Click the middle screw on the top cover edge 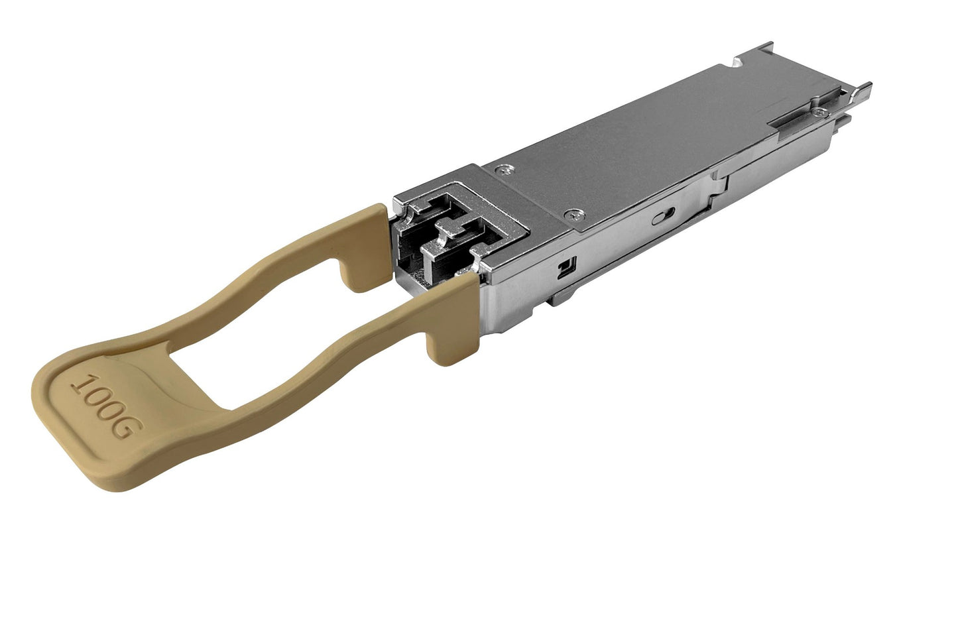pos(574,214)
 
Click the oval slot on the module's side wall pos(665,217)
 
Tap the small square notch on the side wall pos(565,268)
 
